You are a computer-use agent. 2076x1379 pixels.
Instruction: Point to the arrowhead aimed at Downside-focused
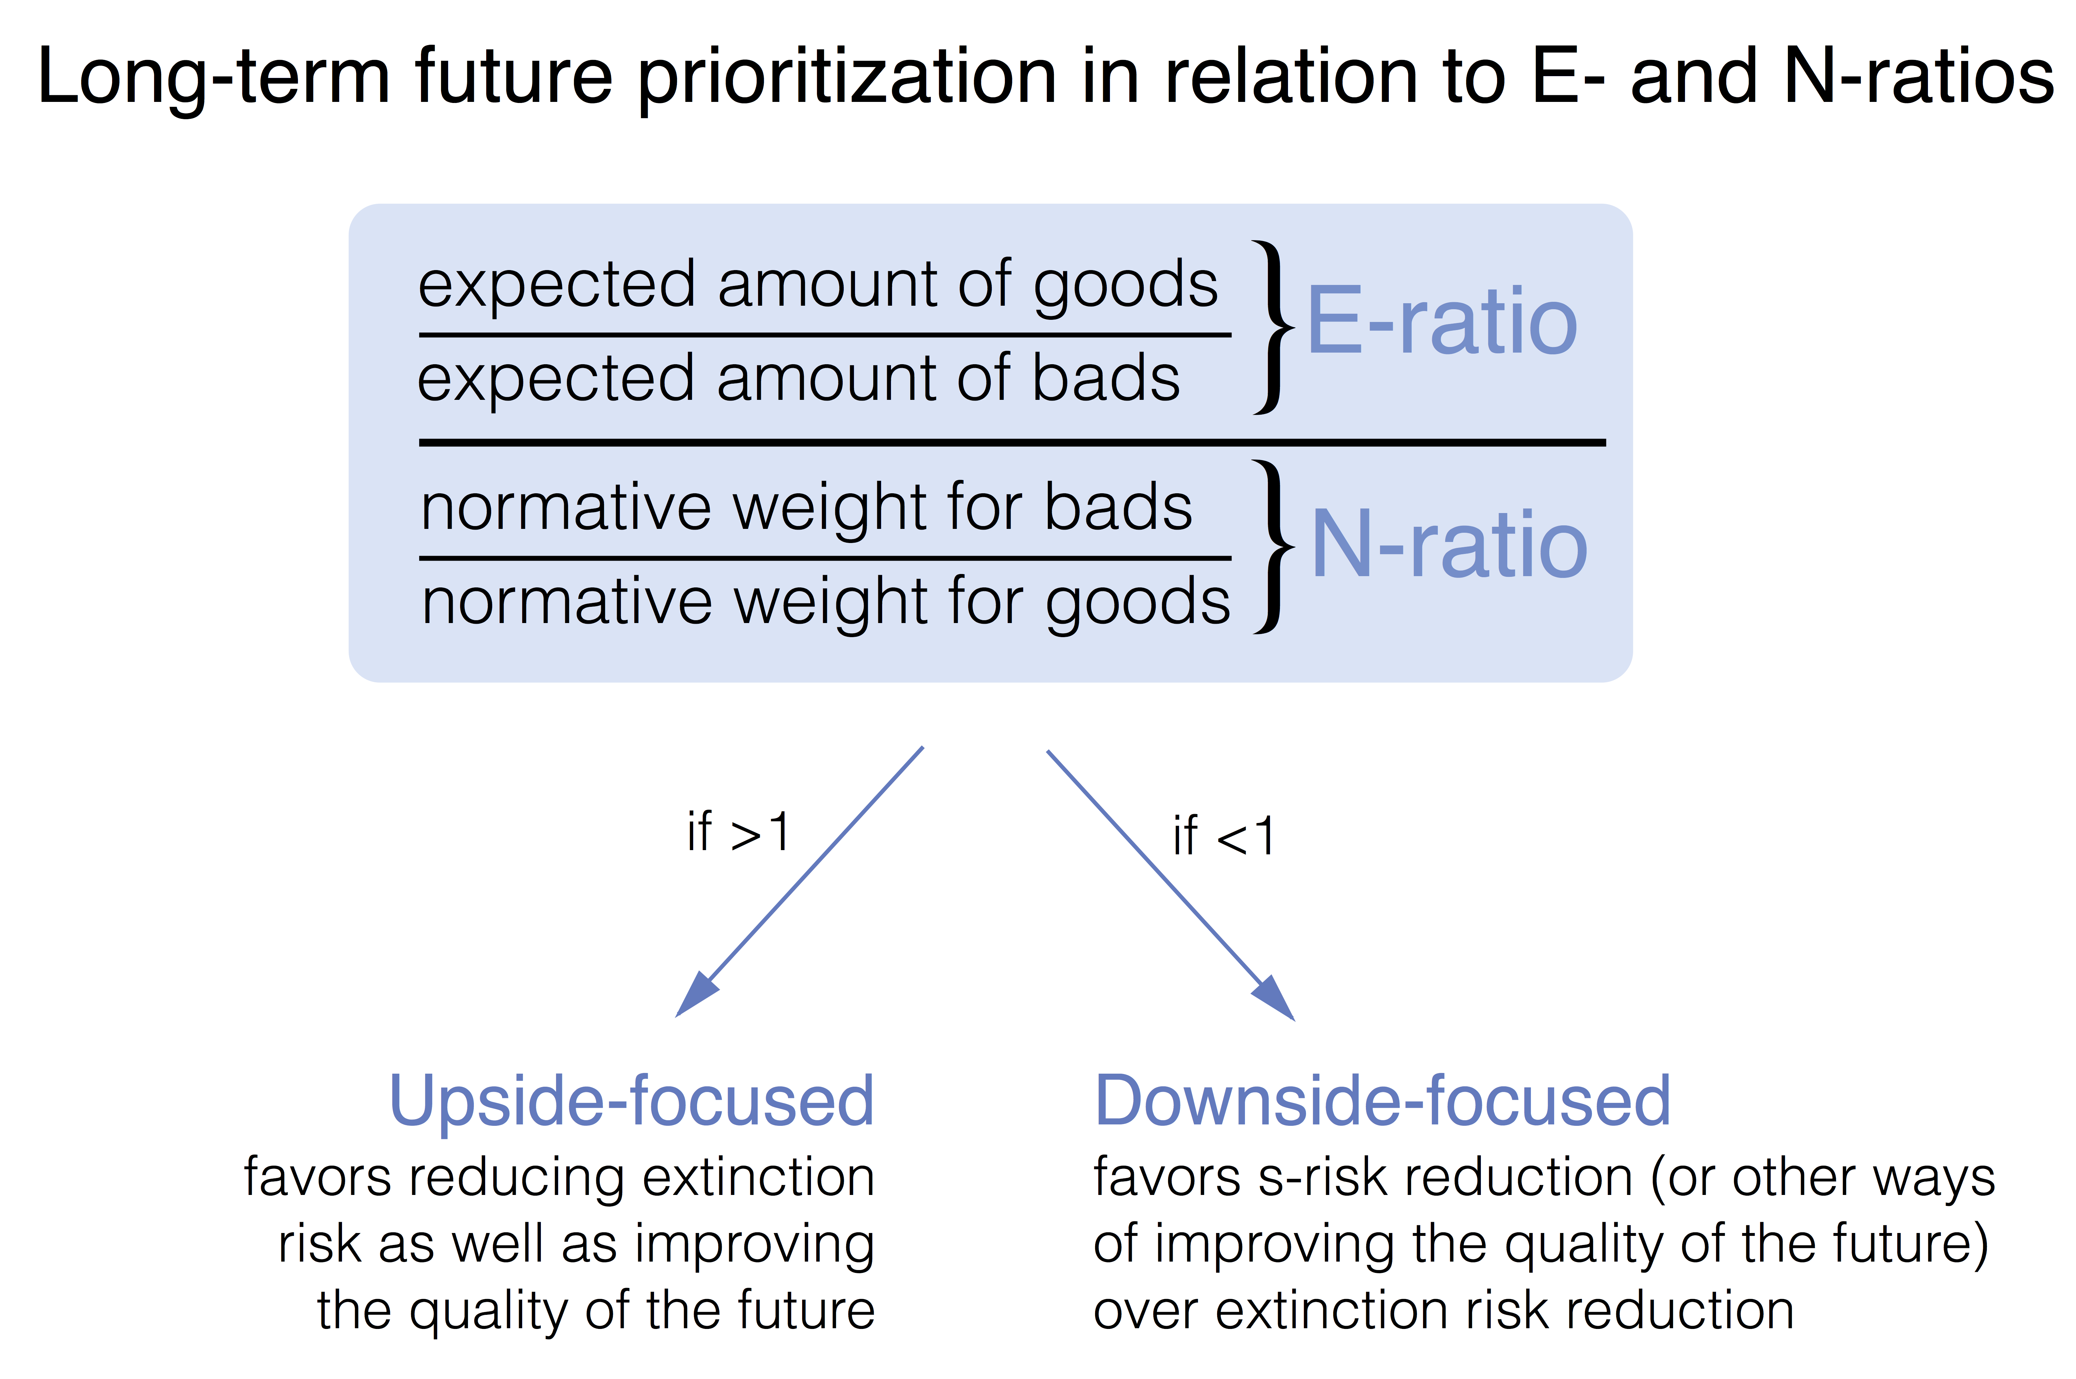(x=1275, y=1000)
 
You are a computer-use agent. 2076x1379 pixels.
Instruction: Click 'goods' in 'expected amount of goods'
(x=1125, y=286)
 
